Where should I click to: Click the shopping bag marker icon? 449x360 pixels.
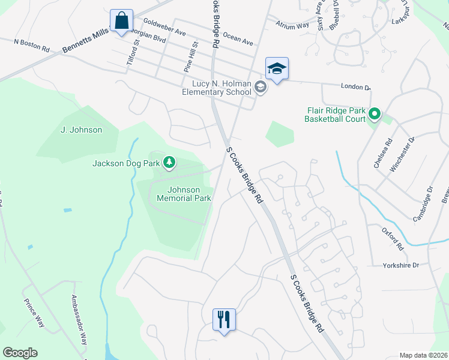[121, 21]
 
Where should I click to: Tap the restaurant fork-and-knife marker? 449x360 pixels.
[224, 319]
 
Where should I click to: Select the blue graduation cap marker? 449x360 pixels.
[277, 69]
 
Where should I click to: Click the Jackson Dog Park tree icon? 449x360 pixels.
[170, 162]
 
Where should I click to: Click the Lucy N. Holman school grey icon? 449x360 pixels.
[260, 88]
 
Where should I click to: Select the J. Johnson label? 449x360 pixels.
[82, 130]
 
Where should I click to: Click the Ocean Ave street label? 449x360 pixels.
[238, 39]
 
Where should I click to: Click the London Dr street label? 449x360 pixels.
[355, 87]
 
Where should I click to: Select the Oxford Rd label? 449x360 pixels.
[394, 238]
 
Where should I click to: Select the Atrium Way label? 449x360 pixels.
[292, 25]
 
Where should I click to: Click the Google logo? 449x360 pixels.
[20, 353]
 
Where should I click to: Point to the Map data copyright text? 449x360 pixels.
[423, 355]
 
